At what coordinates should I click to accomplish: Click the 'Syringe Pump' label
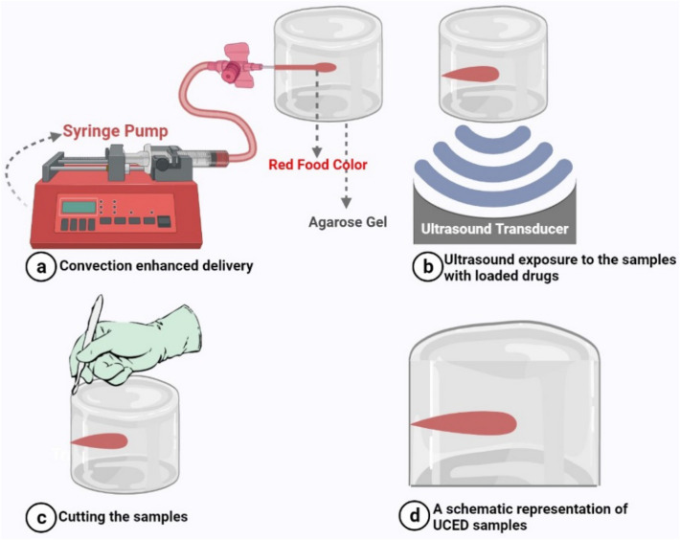[x=115, y=131]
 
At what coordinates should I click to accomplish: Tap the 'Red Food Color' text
[x=318, y=165]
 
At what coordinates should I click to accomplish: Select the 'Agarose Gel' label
[x=348, y=222]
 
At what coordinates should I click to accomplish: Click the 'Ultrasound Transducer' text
[x=495, y=229]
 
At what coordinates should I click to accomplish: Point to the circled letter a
[x=41, y=266]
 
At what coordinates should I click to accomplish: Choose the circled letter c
[x=41, y=517]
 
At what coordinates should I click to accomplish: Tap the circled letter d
[x=415, y=516]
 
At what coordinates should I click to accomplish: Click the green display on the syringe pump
[x=79, y=207]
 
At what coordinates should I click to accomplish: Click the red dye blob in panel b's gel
[x=471, y=74]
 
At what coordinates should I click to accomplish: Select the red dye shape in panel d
[x=464, y=423]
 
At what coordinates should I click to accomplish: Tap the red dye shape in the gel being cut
[x=100, y=441]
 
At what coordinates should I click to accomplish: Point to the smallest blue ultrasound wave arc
[x=494, y=139]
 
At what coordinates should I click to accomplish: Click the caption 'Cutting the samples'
[x=124, y=517]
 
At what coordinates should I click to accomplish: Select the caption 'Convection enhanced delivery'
[x=156, y=265]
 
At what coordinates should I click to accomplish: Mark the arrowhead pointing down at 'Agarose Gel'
[x=346, y=202]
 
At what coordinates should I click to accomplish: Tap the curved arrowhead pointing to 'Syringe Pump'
[x=56, y=136]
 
